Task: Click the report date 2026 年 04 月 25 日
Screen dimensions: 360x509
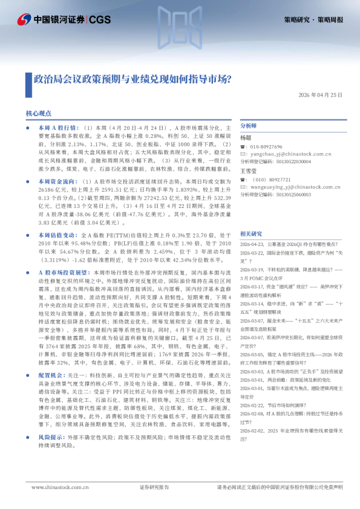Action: [320, 95]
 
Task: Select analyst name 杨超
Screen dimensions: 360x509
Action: [245, 138]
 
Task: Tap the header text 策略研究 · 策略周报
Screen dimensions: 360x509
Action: [313, 19]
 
